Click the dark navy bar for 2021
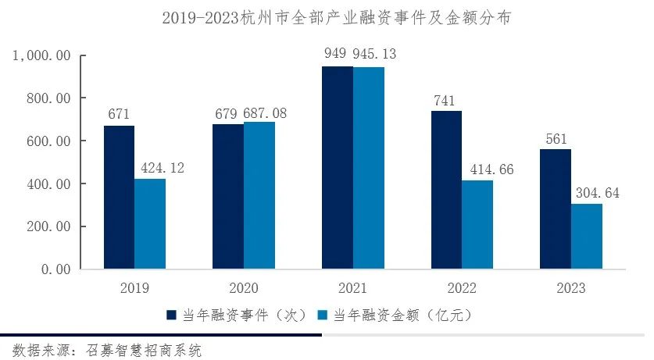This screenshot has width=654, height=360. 337,168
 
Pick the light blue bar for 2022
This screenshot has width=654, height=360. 477,225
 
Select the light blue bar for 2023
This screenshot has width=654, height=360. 587,237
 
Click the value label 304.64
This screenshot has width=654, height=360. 597,193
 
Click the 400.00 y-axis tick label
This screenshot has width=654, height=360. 47,184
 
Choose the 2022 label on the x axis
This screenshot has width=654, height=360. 462,287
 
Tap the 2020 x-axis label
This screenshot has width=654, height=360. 243,287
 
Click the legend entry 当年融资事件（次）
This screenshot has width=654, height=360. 237,315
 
